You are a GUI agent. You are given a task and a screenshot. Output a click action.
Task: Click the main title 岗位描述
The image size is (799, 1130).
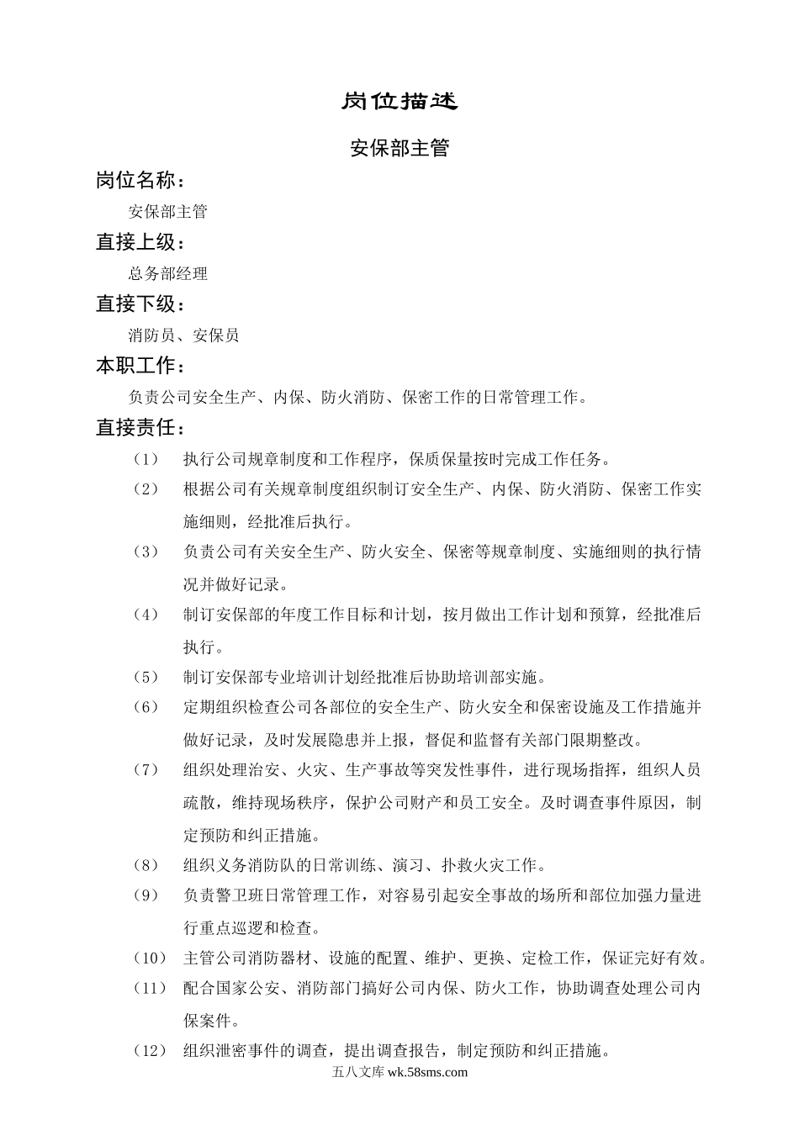pos(399,102)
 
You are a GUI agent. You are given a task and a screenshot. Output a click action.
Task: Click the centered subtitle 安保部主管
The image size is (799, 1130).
pos(399,149)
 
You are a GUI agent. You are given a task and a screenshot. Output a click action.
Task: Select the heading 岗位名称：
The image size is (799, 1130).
pos(140,181)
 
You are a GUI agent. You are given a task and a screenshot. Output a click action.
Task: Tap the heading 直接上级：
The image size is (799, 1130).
pos(140,242)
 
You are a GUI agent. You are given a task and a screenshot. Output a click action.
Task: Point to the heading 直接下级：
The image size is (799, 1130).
pos(140,304)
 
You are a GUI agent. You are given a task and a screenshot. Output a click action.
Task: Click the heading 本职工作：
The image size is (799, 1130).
pos(140,366)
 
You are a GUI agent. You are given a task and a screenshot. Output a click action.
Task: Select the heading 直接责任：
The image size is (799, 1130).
pos(140,428)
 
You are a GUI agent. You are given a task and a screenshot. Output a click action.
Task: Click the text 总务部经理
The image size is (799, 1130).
pos(167,274)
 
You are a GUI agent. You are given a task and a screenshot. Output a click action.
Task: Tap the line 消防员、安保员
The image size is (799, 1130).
pos(183,335)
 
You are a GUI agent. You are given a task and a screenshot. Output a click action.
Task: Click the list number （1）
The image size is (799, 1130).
pos(146,459)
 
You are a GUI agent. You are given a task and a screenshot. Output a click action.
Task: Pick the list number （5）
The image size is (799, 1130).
pos(146,677)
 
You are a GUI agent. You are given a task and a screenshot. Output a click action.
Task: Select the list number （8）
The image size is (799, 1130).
pos(146,864)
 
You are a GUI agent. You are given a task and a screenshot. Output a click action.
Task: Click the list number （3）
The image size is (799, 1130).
pos(146,552)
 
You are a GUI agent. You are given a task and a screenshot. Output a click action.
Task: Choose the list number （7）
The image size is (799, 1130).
pos(146,770)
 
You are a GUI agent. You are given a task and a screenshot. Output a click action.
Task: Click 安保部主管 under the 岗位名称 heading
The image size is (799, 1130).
pos(167,212)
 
